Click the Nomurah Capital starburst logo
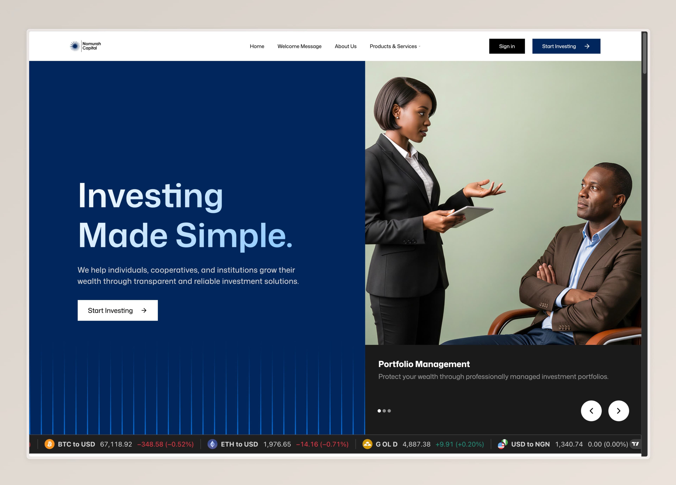pos(75,46)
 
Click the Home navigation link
pos(257,46)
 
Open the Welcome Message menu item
pos(299,46)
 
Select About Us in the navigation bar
pos(345,46)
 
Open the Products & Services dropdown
pos(395,46)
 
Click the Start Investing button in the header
pos(566,46)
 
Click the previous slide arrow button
pos(591,411)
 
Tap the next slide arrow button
pos(618,411)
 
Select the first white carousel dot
pos(379,411)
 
